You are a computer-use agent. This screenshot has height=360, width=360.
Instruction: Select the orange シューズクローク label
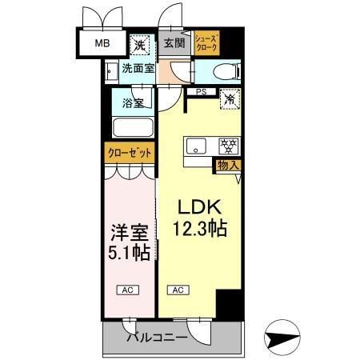pyautogui.click(x=206, y=42)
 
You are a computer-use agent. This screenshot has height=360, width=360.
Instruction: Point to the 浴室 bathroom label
pyautogui.click(x=133, y=103)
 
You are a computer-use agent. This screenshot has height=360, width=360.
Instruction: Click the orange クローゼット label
pyautogui.click(x=128, y=152)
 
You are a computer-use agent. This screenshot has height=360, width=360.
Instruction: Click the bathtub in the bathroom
pyautogui.click(x=133, y=128)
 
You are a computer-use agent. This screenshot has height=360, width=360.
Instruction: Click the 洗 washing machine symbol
pyautogui.click(x=139, y=43)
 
